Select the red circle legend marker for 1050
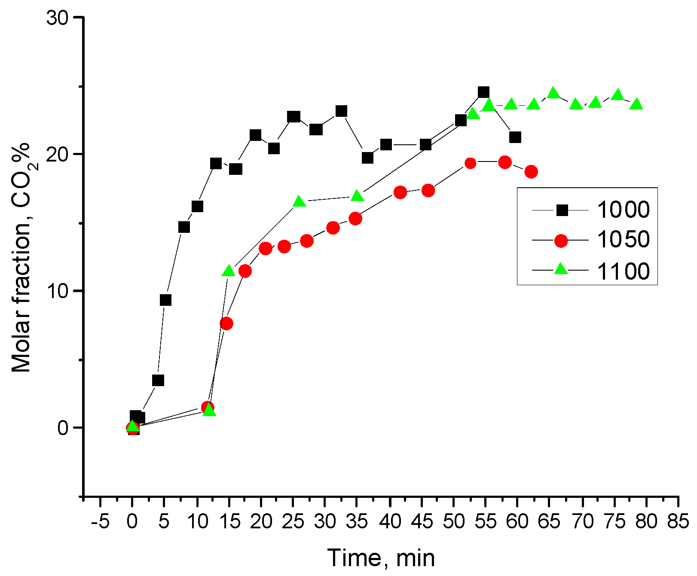(561, 241)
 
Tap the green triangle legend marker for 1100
(561, 270)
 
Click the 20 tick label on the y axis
(58, 155)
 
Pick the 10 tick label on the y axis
(58, 291)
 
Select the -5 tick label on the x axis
(100, 522)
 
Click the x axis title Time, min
(381, 558)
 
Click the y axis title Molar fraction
(21, 258)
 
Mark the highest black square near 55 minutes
(483, 92)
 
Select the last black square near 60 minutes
(515, 137)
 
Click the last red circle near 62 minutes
(531, 172)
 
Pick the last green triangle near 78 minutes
(636, 104)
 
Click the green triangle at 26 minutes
(300, 202)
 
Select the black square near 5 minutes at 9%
(165, 300)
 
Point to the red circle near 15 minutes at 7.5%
(226, 323)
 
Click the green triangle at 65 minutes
(553, 93)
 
